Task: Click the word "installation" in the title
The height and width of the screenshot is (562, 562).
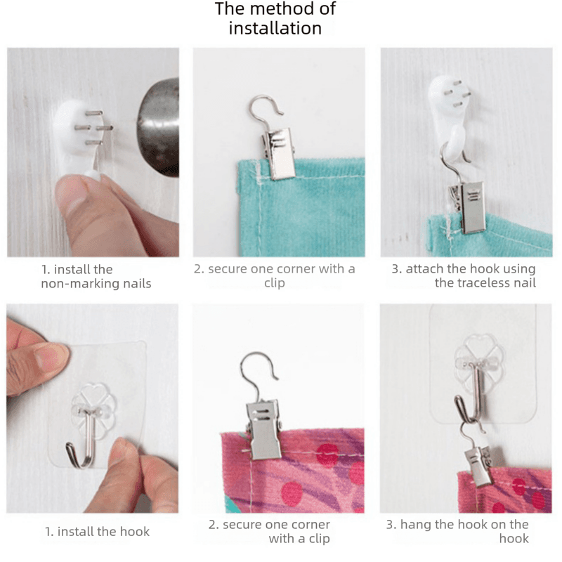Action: pos(275,28)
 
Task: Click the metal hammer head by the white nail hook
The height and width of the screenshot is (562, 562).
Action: pos(158,127)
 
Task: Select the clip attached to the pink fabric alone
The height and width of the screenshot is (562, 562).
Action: pos(263,429)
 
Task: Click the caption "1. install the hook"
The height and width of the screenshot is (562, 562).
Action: pos(97,532)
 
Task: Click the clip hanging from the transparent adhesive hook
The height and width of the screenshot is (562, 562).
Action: pos(478,466)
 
